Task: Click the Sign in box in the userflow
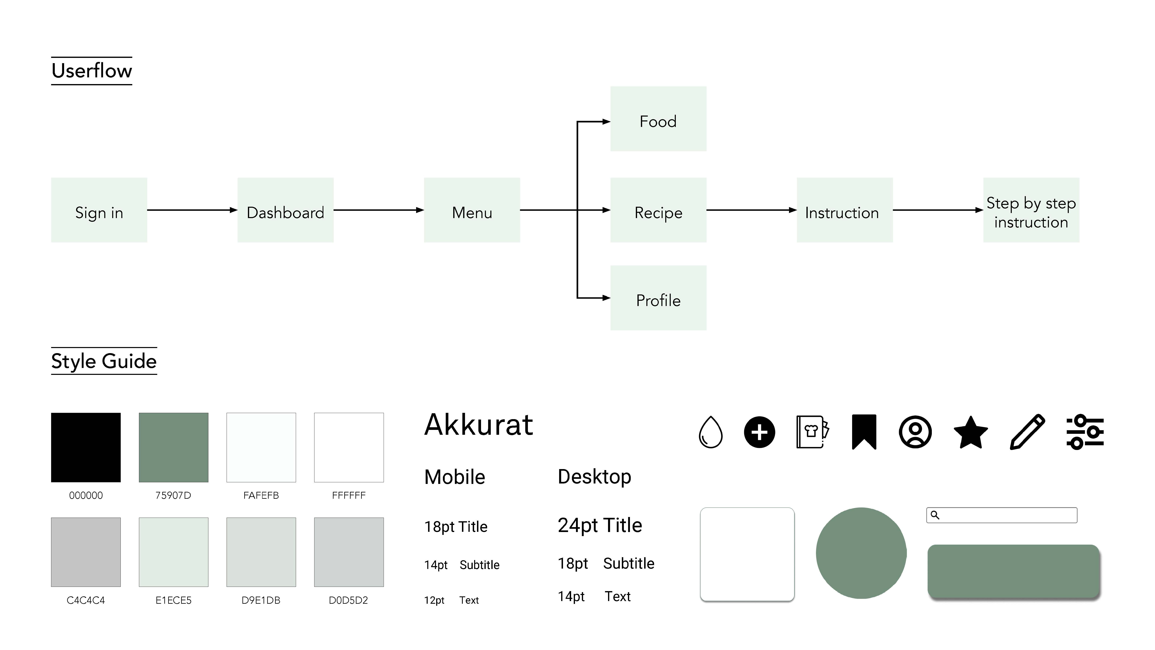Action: pos(99,210)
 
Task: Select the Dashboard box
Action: pos(285,210)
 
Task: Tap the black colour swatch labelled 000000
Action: pos(86,448)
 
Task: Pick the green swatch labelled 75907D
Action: pos(173,448)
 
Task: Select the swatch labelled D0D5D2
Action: pos(349,552)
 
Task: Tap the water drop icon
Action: pos(711,432)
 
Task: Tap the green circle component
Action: pos(861,553)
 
